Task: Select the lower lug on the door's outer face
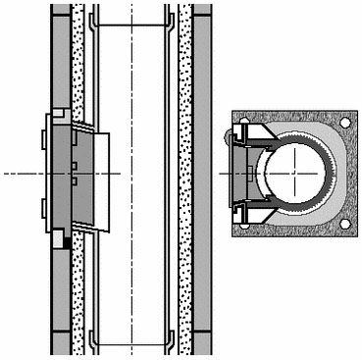43,203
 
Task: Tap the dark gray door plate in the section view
61,174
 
